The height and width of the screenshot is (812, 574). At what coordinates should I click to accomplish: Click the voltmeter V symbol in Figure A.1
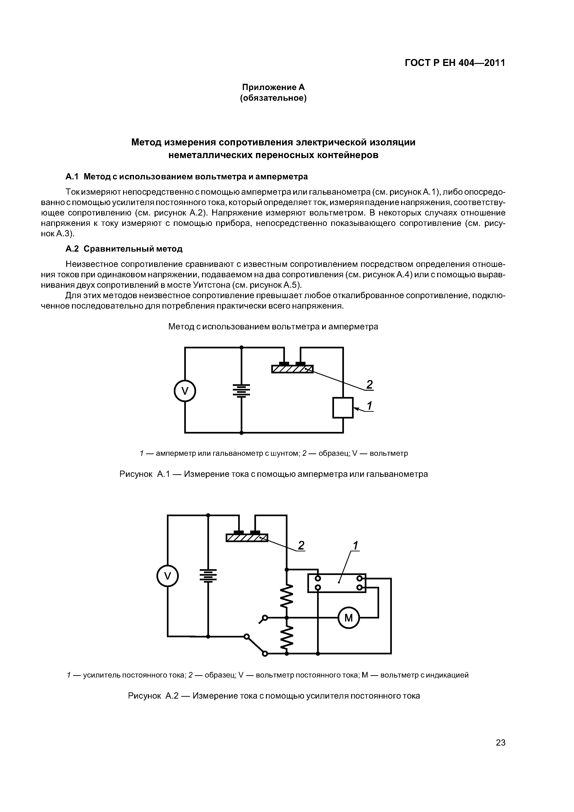coord(185,391)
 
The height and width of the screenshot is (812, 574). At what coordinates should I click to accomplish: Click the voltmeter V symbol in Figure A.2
coord(168,576)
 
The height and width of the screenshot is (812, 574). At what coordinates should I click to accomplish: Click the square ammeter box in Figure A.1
coord(343,407)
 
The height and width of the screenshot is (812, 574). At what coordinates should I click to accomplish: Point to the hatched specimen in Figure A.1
coord(292,369)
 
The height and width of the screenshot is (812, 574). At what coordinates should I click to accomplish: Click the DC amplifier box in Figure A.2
coord(337,583)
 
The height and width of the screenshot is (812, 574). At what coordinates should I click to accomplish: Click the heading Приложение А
coord(273,87)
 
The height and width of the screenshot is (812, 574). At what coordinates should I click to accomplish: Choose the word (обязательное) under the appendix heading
coord(273,98)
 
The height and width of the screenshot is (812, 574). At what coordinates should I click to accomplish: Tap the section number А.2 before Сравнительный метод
coord(72,249)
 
